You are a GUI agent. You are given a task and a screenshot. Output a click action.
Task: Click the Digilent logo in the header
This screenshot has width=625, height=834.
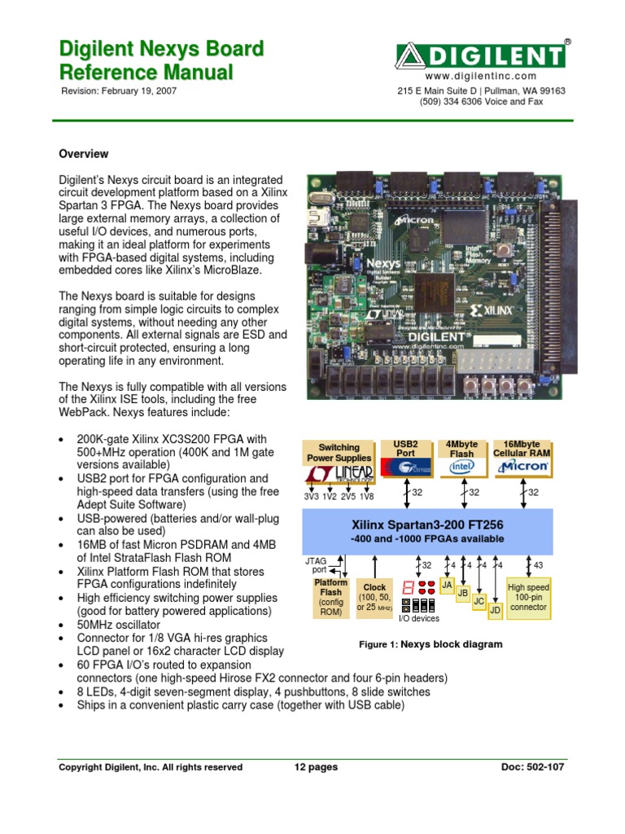pyautogui.click(x=481, y=55)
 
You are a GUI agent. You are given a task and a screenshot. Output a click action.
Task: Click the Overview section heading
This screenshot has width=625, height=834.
pyautogui.click(x=83, y=154)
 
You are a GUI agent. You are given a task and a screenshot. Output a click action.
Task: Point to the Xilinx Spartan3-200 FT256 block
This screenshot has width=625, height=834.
pyautogui.click(x=427, y=530)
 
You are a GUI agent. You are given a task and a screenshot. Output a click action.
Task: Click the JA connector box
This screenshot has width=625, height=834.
pyautogui.click(x=446, y=586)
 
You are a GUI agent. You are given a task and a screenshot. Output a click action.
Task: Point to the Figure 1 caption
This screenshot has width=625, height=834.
pyautogui.click(x=431, y=644)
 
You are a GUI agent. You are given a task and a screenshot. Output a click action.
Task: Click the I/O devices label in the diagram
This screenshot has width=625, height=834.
pyautogui.click(x=418, y=618)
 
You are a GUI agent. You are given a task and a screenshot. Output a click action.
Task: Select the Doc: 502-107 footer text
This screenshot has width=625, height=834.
pyautogui.click(x=532, y=767)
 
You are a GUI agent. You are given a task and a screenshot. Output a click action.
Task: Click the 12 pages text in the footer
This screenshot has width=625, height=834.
pyautogui.click(x=315, y=767)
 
